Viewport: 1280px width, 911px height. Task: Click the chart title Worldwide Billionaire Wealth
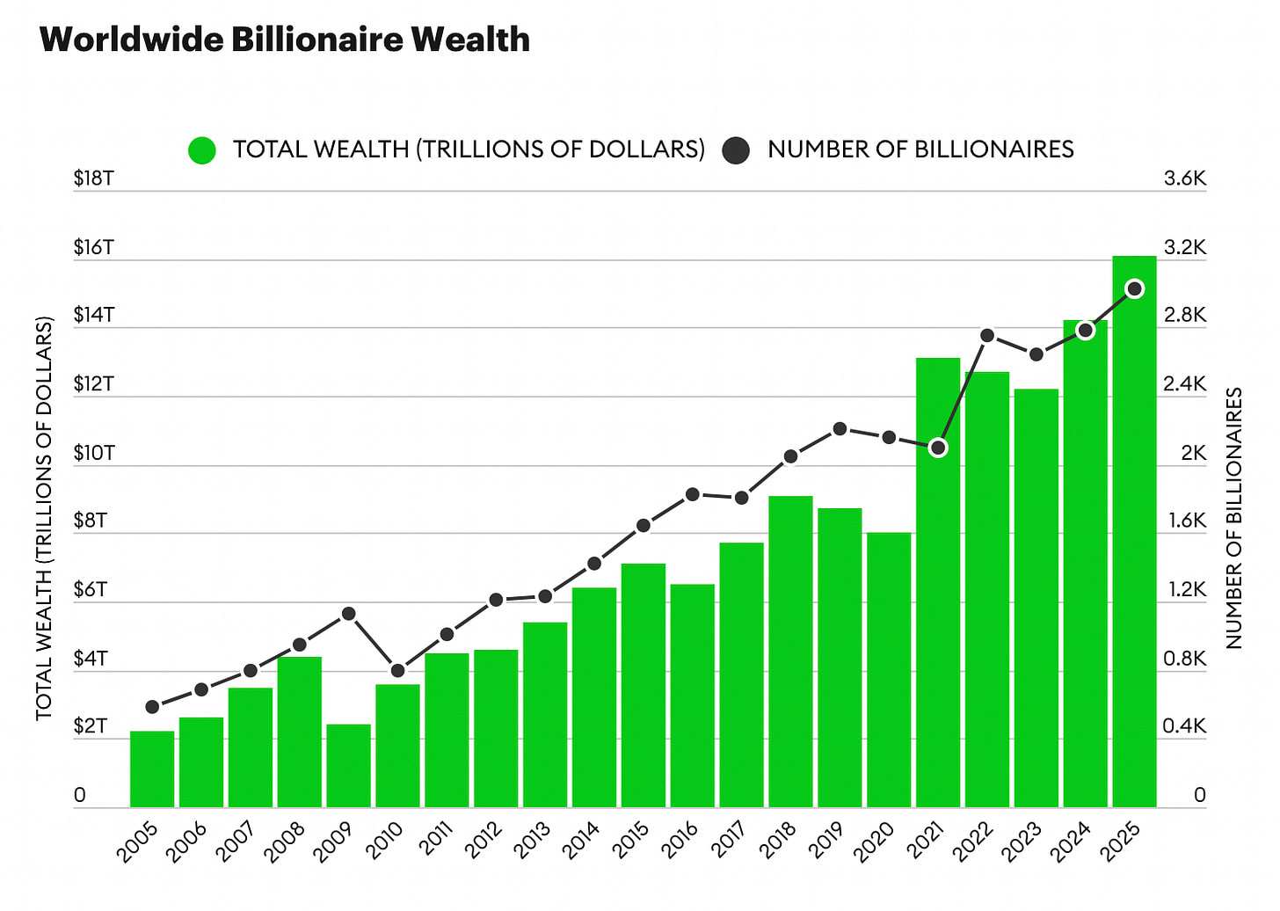[284, 40]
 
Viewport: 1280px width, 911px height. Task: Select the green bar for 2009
[348, 765]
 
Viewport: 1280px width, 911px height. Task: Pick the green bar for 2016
[692, 695]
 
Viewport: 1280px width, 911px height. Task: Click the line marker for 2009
[348, 613]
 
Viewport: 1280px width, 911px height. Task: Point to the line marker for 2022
[987, 335]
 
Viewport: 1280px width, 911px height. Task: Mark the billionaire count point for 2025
[1134, 288]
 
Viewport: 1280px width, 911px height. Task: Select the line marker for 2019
[840, 429]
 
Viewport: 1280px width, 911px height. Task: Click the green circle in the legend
[202, 150]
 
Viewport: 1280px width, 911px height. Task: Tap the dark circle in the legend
[736, 150]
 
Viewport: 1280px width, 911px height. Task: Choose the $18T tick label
[93, 179]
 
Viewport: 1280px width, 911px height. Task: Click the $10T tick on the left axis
[93, 453]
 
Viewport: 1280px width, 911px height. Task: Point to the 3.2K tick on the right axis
[1184, 247]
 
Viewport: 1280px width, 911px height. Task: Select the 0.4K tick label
[1184, 726]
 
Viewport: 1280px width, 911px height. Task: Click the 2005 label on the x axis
[137, 842]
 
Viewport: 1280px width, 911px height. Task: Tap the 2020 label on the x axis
[874, 842]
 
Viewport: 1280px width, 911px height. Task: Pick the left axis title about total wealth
[44, 519]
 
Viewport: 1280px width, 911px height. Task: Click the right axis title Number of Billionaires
[1233, 519]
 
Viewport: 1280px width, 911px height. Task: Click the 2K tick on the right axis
[1193, 453]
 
